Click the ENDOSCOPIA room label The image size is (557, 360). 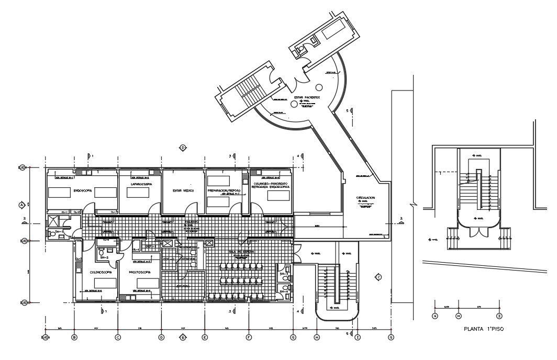coord(83,191)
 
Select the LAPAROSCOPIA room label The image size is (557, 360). coord(141,184)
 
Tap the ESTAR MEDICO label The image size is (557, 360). coord(183,191)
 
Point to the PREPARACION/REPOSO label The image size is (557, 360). coord(224,191)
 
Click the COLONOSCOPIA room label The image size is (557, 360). coord(98,272)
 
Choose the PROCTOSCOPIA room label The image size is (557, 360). coord(140,272)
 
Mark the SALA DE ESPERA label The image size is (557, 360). coord(241,252)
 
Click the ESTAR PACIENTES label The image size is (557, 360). coord(307,97)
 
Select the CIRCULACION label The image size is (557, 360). coord(366,198)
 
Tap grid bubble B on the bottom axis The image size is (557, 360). coord(74,337)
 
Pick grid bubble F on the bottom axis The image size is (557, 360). coord(249,337)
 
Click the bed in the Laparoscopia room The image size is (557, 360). coord(138,193)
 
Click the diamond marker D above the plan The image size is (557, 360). coord(183,148)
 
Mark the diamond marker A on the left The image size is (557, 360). coord(22,204)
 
